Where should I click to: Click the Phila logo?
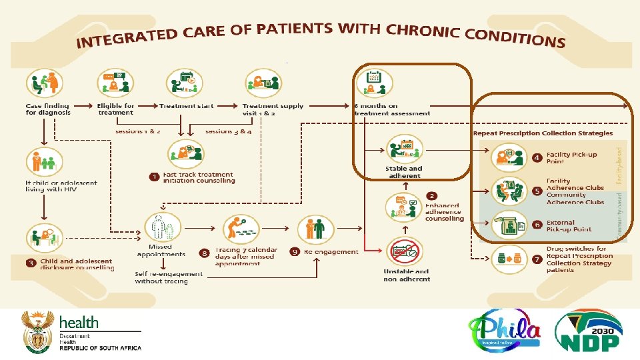click(504, 331)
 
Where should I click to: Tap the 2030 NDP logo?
click(589, 331)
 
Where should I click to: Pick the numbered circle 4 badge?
click(537, 158)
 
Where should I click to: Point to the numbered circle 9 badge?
click(293, 251)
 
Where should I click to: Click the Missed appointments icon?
click(163, 228)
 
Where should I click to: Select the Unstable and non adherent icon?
click(404, 251)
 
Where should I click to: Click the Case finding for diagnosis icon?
click(43, 85)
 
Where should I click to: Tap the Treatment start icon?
click(185, 83)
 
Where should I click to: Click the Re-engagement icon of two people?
click(315, 229)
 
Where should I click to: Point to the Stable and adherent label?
click(403, 171)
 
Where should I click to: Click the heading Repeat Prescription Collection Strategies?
click(543, 133)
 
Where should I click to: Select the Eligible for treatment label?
click(115, 109)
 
